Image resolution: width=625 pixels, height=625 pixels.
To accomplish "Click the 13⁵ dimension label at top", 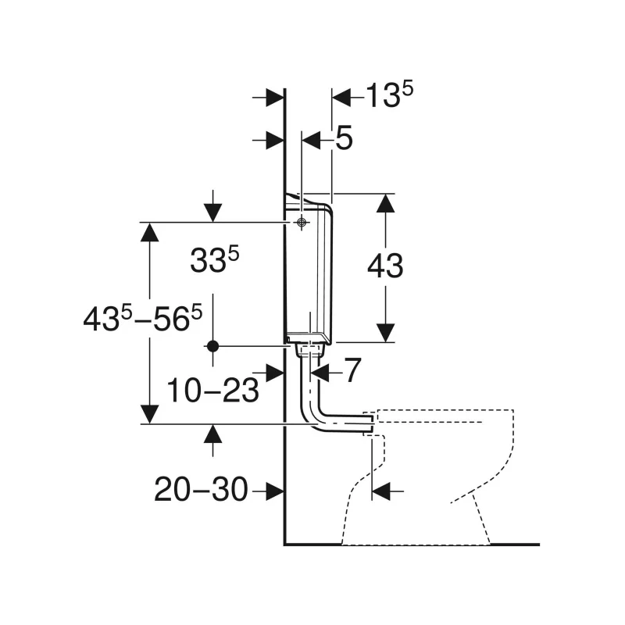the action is tap(389, 95).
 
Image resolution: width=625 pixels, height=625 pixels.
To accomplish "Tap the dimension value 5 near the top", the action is tap(344, 138).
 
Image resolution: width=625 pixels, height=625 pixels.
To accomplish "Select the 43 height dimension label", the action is tap(385, 266).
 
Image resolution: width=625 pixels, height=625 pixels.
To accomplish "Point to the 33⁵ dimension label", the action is tap(214, 259).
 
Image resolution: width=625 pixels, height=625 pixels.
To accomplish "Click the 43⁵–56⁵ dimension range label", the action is tap(143, 318).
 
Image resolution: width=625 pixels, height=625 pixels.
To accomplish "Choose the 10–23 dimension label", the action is tap(212, 390).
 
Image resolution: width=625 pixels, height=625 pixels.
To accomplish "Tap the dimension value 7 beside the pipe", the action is tap(352, 370).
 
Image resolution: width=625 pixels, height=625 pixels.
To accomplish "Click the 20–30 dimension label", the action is tap(201, 490).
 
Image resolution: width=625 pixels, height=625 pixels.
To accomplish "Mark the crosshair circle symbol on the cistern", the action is tap(302, 222).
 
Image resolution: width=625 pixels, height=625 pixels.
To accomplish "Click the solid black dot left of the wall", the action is tap(212, 346).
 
